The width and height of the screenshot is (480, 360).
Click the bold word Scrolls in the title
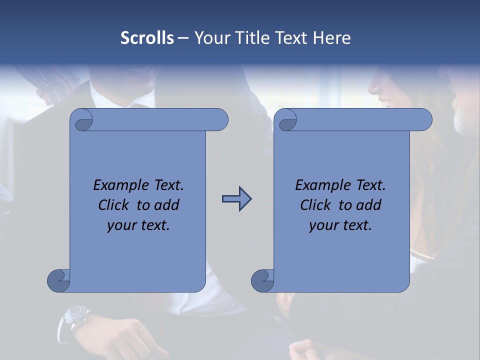[x=147, y=38]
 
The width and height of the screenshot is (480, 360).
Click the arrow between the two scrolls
[x=236, y=199]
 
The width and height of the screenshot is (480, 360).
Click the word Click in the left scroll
[x=109, y=205]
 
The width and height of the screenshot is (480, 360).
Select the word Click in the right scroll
[x=311, y=205]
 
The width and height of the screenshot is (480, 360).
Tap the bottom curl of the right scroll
[x=263, y=280]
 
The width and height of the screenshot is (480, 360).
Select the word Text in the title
[x=291, y=38]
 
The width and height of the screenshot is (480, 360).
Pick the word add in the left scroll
[x=166, y=205]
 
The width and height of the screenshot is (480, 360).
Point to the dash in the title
[x=183, y=38]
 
